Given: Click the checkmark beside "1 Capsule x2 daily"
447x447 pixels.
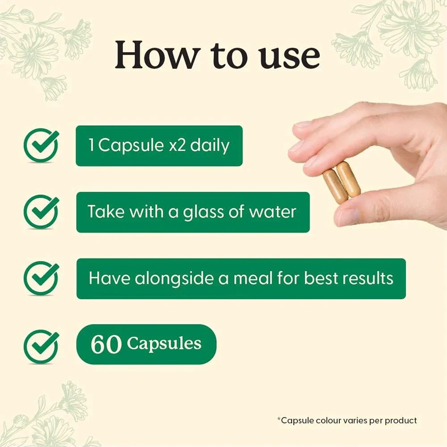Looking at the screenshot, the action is click(x=41, y=145).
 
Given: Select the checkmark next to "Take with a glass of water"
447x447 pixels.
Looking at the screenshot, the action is click(x=41, y=212).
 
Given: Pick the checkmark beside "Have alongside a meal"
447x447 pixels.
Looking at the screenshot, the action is click(x=41, y=278).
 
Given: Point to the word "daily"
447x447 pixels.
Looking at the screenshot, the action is click(x=210, y=146).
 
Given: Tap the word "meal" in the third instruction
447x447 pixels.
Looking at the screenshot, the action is click(x=253, y=278).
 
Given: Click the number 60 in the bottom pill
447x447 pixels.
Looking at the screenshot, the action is click(x=106, y=344).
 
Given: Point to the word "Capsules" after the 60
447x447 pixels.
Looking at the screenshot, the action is click(x=164, y=344).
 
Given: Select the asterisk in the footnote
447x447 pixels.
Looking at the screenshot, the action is click(x=279, y=419).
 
